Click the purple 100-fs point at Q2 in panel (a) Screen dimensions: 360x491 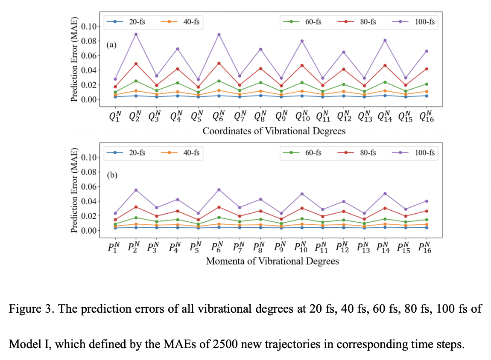coord(136,34)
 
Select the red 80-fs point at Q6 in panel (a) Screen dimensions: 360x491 coord(219,63)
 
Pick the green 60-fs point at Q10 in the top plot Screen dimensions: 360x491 coord(302,83)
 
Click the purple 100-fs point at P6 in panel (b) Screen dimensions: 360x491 coord(219,190)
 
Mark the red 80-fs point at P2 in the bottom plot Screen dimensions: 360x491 coord(136,207)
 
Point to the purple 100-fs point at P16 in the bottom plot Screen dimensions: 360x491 coord(426,201)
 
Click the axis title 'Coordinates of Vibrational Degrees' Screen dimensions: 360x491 coord(274,131)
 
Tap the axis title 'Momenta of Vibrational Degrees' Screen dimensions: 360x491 coord(272,261)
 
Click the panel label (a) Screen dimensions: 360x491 coord(111,44)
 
